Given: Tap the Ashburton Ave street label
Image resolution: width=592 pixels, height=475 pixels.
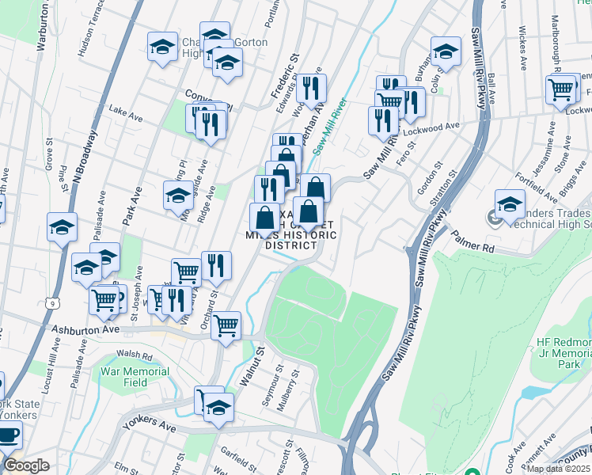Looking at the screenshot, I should click(85, 329).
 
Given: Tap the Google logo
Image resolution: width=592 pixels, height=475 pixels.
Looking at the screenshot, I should click(26, 465).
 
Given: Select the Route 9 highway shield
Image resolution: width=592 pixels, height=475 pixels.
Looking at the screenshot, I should click(51, 303).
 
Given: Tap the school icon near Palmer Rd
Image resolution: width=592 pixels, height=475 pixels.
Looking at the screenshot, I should click(510, 205).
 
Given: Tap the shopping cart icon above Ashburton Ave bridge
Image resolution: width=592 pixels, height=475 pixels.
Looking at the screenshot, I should click(226, 324).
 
